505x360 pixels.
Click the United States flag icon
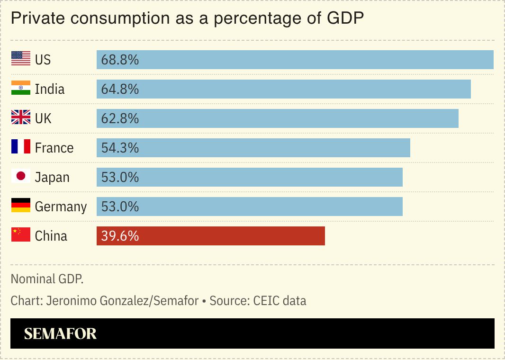point(21,59)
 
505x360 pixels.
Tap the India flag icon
point(21,89)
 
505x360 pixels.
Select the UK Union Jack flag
point(21,118)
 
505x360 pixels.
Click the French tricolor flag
point(21,147)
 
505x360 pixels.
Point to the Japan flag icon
point(21,177)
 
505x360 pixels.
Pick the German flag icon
point(21,206)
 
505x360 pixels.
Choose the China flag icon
point(21,235)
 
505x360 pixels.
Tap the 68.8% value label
point(120,60)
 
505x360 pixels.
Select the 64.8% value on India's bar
point(120,89)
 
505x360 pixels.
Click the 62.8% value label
point(120,118)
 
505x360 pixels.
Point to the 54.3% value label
point(120,148)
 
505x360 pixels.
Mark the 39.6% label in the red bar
point(120,236)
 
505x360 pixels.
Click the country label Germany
point(61,207)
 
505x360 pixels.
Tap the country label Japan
point(52,178)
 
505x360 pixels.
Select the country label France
point(54,148)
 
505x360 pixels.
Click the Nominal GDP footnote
point(47,279)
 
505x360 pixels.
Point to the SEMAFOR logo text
point(60,334)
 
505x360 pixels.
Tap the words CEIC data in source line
point(280,301)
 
